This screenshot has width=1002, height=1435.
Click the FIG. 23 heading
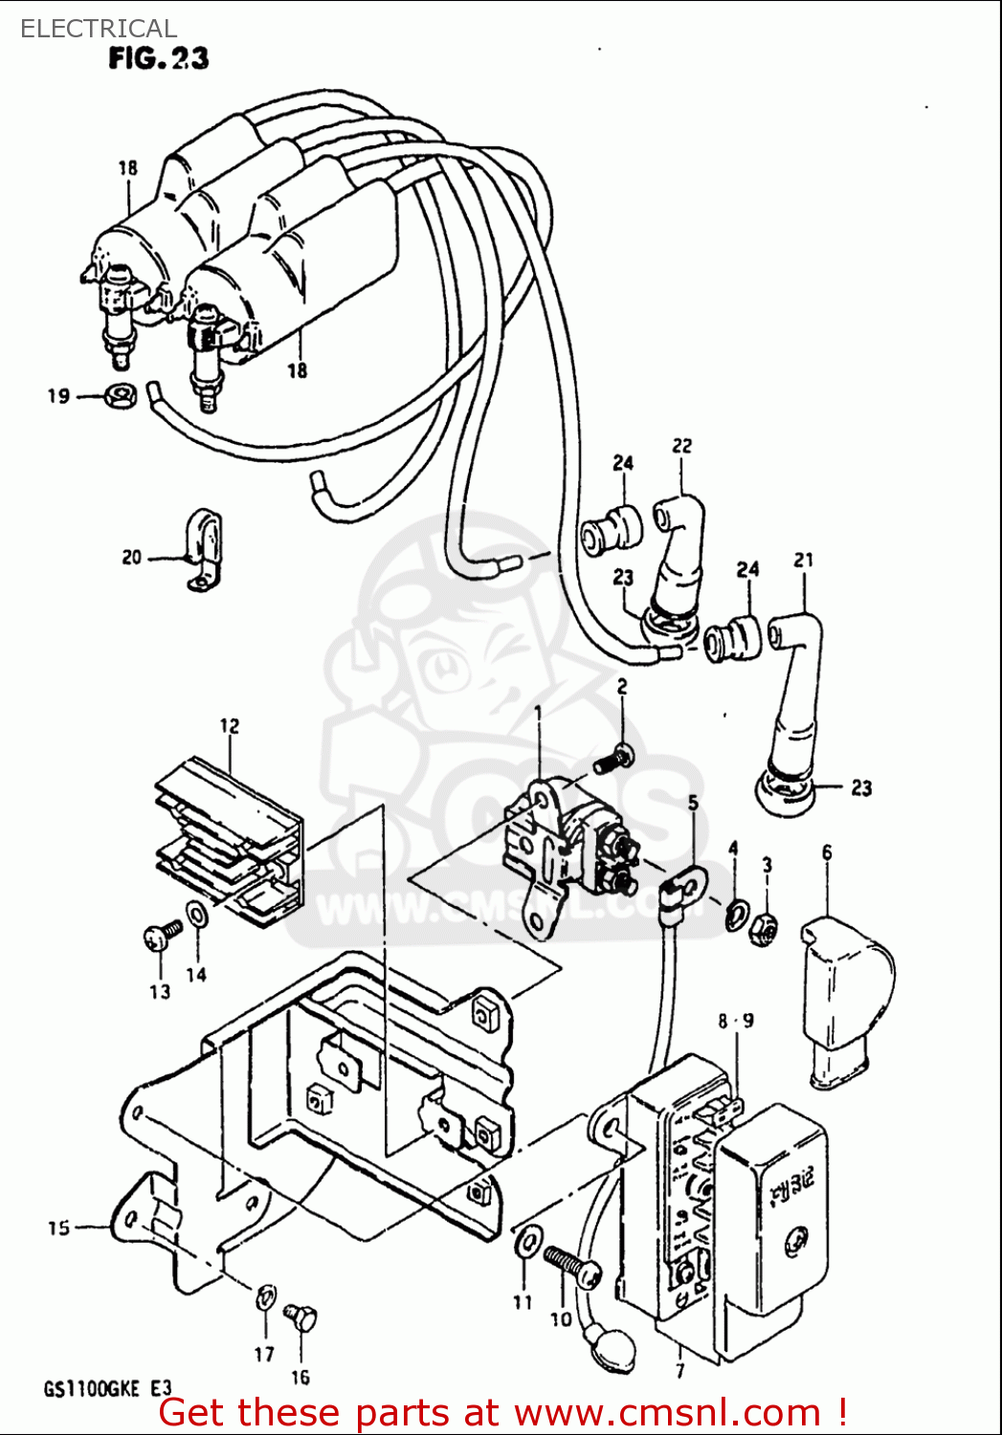click(x=158, y=59)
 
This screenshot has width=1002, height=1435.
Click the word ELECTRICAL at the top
click(x=99, y=29)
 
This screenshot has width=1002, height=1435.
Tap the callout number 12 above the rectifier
click(x=229, y=726)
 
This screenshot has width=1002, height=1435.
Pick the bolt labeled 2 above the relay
click(x=612, y=761)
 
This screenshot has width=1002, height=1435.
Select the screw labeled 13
click(x=162, y=935)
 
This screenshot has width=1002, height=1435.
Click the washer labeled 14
click(x=196, y=915)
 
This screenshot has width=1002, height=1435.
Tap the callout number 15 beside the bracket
click(x=58, y=1226)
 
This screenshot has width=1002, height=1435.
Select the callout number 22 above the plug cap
click(x=681, y=446)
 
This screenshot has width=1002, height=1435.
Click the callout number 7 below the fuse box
click(x=679, y=1371)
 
